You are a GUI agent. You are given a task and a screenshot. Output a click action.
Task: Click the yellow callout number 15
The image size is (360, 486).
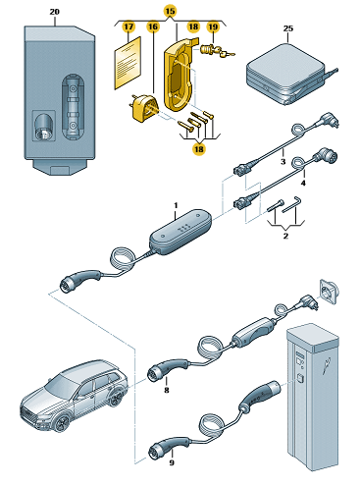point(170,12)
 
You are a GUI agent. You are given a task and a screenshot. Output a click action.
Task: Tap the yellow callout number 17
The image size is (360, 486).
point(129,27)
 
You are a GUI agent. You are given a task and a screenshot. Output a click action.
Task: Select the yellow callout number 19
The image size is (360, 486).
point(213,27)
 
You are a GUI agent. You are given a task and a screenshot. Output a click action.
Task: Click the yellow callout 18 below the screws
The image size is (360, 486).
point(199,149)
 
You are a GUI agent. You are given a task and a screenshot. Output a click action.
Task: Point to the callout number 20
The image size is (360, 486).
point(55,12)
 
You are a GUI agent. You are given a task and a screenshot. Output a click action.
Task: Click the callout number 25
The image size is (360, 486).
point(288,28)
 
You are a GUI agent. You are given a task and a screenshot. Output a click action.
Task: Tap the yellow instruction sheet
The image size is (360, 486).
point(128,63)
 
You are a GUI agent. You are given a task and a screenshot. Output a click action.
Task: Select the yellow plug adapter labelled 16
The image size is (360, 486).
point(143,109)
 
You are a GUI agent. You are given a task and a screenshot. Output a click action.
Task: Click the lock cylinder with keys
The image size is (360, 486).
point(217,51)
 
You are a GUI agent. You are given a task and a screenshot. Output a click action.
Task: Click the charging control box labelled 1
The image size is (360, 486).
point(180,232)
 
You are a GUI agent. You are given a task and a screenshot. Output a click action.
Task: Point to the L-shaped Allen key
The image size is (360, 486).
point(291,204)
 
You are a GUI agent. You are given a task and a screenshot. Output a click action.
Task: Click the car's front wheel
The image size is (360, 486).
point(62,423)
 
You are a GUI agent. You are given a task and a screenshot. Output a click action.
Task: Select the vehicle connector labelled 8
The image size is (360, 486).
point(168,369)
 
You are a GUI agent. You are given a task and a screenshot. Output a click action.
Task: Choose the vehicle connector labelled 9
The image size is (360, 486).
point(169,448)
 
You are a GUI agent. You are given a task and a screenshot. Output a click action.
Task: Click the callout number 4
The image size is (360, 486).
point(303,183)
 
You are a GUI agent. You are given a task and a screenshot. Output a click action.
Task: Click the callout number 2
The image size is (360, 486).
point(285,236)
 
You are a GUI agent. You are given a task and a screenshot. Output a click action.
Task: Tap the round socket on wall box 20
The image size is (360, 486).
point(43,127)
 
